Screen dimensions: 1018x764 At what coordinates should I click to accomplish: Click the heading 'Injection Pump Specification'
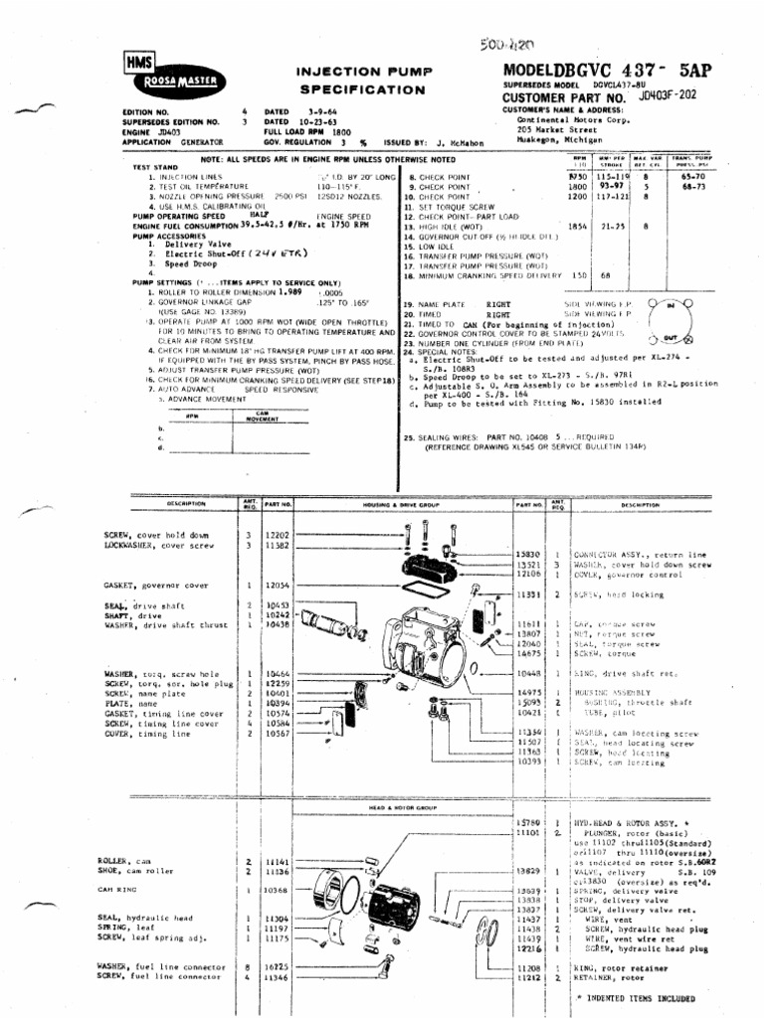coord(354,81)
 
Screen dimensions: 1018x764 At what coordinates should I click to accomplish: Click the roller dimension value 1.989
coord(289,292)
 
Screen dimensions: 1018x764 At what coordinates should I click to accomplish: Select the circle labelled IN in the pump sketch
coord(668,304)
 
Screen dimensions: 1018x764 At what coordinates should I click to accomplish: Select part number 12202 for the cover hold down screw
coord(278,535)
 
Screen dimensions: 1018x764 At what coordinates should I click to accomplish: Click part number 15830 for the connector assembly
coord(527,554)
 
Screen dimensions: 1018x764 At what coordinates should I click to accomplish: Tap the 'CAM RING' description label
coord(116,890)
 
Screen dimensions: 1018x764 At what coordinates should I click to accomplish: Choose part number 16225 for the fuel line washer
coord(278,965)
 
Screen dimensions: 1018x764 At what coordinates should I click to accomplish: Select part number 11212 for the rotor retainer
coord(527,976)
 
